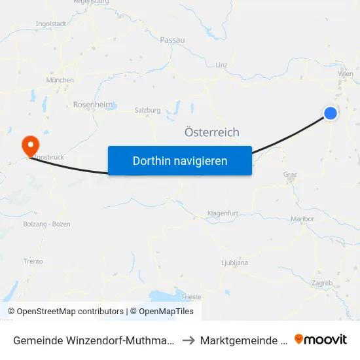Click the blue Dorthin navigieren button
coord(180,160)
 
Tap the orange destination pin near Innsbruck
coord(30,144)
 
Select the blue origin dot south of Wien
coord(331,113)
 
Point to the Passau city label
coord(172,40)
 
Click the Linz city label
coord(221,65)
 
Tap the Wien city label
coord(346,74)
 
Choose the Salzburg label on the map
coord(147,111)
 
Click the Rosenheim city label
coord(92,104)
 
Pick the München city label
coord(60,80)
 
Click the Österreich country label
coord(212,132)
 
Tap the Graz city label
coord(290,174)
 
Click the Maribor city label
coord(303,219)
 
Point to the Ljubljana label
coord(234,262)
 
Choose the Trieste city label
coord(192,297)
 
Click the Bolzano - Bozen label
coord(46,224)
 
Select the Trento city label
coord(33,261)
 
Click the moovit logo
coord(321,339)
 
